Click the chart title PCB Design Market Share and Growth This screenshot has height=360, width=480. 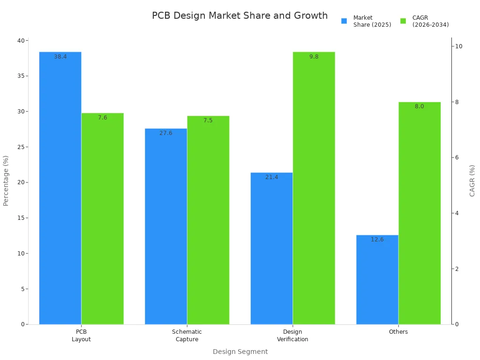240,16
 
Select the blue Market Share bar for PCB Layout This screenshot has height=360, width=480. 60,187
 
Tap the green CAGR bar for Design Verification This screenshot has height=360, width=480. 314,187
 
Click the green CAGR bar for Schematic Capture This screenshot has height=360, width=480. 208,220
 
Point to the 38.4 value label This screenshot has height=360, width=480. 60,57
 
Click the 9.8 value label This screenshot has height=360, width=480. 314,57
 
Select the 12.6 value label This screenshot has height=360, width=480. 377,240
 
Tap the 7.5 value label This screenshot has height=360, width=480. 208,120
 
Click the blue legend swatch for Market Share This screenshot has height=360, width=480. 344,21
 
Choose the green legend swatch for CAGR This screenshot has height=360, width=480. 403,21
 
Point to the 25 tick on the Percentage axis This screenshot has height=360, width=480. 21,147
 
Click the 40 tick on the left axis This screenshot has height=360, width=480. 21,41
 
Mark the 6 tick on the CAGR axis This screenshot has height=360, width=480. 457,157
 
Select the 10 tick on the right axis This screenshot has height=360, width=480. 458,46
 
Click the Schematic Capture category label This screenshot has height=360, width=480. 187,336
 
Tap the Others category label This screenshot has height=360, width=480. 398,332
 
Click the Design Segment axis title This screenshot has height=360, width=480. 240,352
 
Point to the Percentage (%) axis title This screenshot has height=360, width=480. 6,180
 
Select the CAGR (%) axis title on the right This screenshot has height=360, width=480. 472,180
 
